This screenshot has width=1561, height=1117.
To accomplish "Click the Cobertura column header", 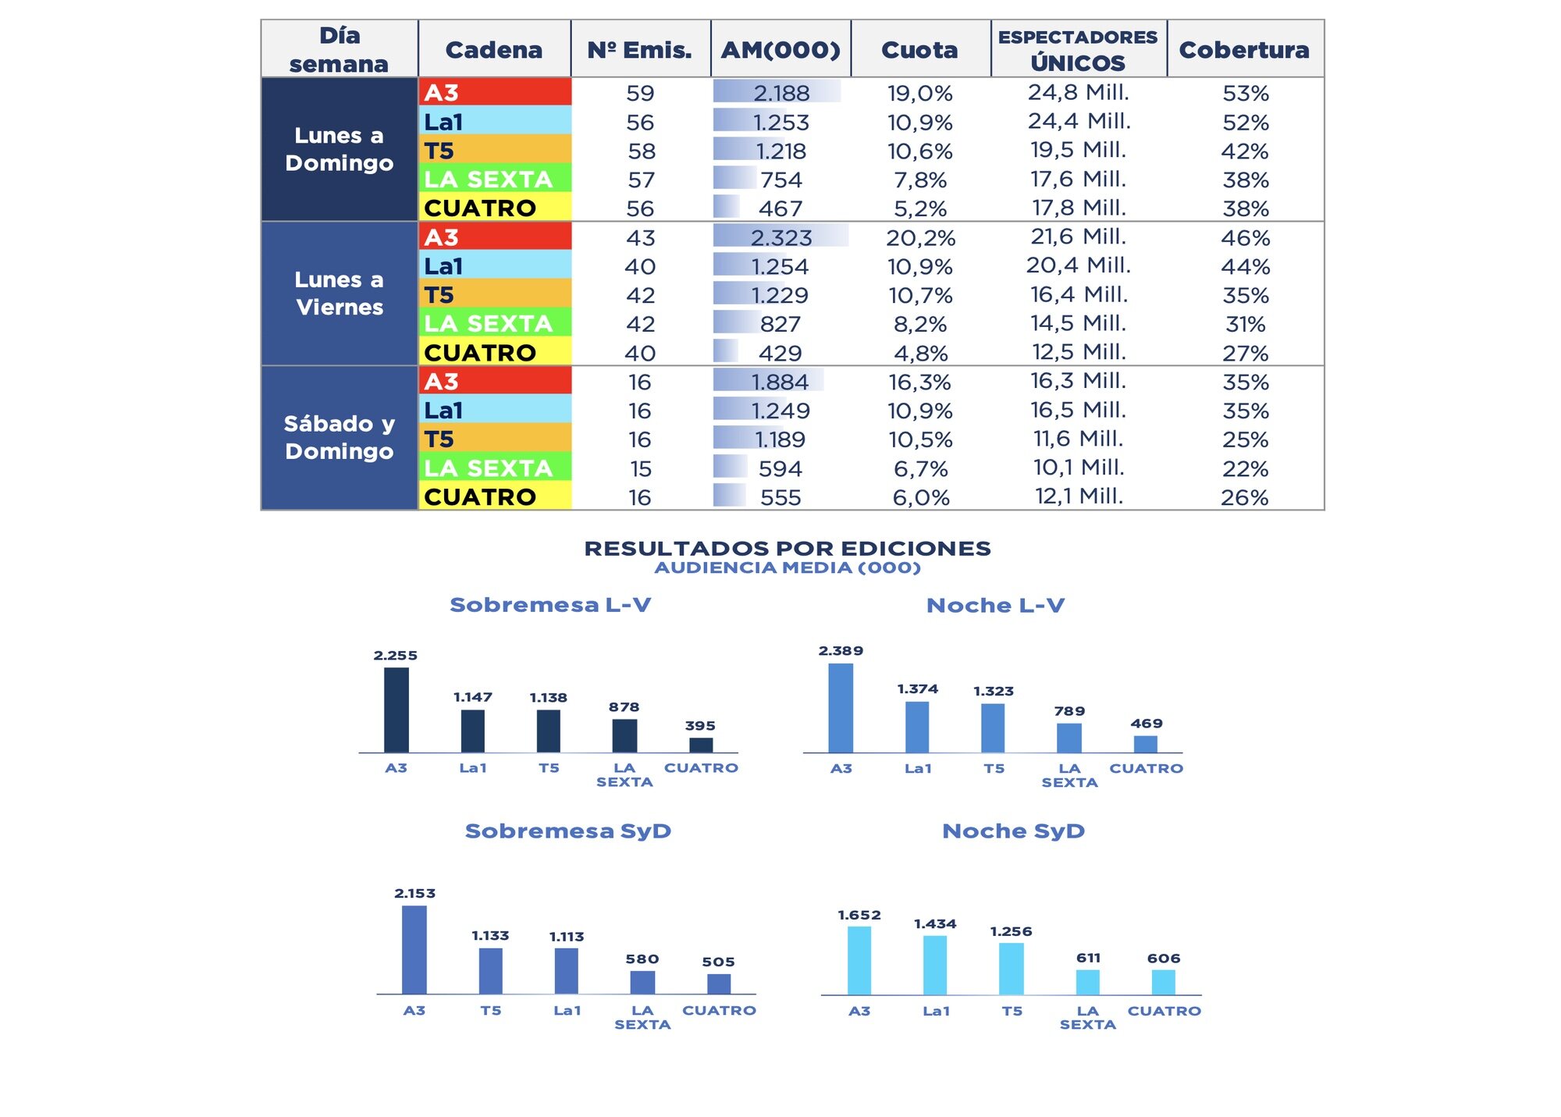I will (1244, 50).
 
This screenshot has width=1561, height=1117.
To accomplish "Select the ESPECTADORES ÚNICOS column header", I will (1078, 50).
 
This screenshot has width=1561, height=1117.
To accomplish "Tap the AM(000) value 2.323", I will (780, 237).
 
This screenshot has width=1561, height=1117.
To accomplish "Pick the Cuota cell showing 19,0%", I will (920, 94).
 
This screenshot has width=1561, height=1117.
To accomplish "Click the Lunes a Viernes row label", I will (340, 293).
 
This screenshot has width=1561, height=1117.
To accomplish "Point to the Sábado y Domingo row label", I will (340, 437).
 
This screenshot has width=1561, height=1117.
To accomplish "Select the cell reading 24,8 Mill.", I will (1078, 93).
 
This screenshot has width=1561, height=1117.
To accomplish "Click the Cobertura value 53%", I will (1245, 94).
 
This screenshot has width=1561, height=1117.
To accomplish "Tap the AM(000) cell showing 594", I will (780, 468).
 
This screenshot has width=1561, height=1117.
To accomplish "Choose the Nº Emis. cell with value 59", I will (640, 94).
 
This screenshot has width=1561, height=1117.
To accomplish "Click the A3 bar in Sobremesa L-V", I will (396, 710).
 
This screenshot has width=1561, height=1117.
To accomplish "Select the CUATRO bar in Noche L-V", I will (1145, 744).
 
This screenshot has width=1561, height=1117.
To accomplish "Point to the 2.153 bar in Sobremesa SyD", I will (414, 949).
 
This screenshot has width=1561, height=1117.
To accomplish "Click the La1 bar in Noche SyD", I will (935, 965).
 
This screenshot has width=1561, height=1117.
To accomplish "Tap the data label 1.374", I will (917, 689).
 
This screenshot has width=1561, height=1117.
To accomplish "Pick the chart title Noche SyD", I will (1013, 831).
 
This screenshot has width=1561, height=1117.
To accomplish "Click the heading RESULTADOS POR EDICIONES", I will (788, 549).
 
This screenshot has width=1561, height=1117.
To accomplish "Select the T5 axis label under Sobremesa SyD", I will (490, 1011).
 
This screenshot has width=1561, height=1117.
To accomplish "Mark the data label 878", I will (624, 707).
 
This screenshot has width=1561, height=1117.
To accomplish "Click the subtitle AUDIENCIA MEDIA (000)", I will (788, 568).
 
